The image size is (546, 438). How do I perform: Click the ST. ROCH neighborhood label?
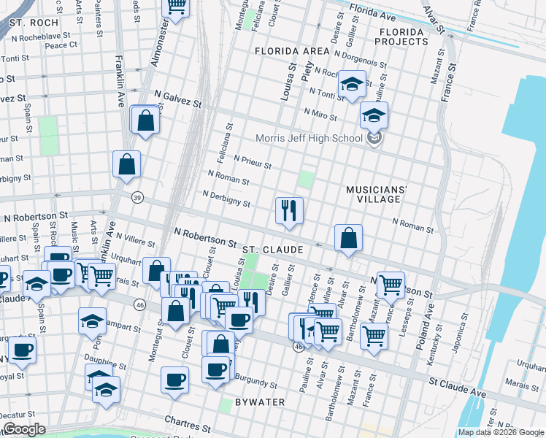pyautogui.click(x=34, y=23)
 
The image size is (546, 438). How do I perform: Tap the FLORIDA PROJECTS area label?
pyautogui.click(x=401, y=36)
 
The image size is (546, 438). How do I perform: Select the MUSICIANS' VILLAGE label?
pyautogui.click(x=376, y=193)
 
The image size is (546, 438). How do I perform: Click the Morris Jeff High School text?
pyautogui.click(x=309, y=139)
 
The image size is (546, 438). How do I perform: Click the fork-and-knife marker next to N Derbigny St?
pyautogui.click(x=289, y=211)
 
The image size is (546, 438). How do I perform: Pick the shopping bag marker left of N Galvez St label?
pyautogui.click(x=145, y=120)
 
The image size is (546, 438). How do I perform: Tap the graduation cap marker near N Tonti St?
pyautogui.click(x=353, y=85)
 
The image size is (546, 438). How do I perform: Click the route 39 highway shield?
pyautogui.click(x=136, y=198)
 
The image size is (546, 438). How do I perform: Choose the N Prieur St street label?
pyautogui.click(x=252, y=161)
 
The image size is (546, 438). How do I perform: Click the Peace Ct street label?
pyautogui.click(x=61, y=45)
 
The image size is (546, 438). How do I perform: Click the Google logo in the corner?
pyautogui.click(x=25, y=429)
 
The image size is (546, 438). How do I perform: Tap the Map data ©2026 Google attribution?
pyautogui.click(x=500, y=432)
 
